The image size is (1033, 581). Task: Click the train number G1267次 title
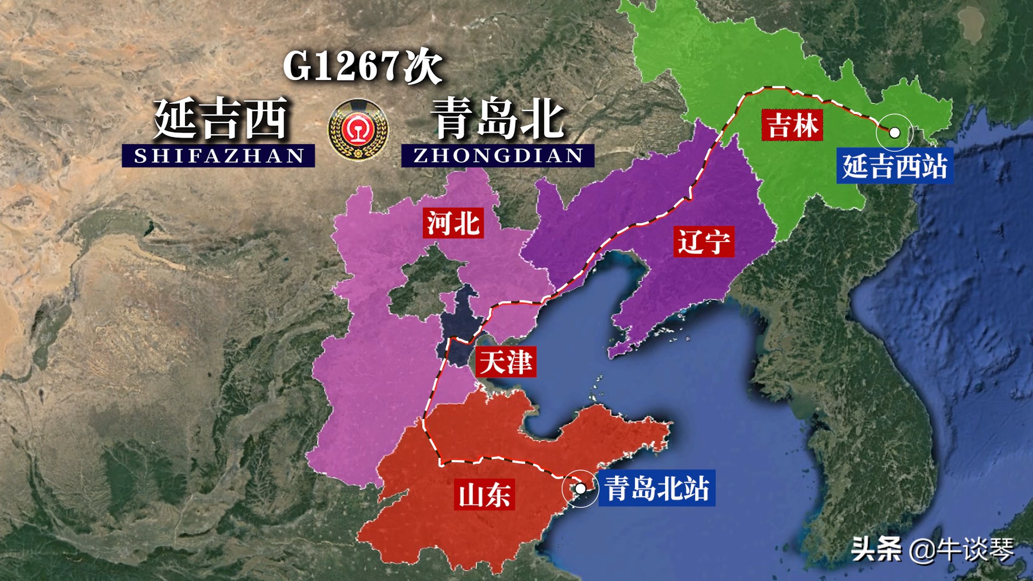[363, 66]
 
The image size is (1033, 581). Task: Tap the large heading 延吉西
[221, 119]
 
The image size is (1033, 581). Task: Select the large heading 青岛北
[498, 119]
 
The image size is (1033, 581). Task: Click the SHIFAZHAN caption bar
[218, 156]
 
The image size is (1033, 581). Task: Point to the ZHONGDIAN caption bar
[498, 155]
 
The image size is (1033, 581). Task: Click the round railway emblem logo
[358, 129]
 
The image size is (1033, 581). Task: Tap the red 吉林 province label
[792, 125]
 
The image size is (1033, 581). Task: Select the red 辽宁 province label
[704, 242]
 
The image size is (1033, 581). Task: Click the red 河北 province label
[453, 223]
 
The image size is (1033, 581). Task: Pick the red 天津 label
[505, 362]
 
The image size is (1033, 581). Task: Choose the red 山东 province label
[484, 494]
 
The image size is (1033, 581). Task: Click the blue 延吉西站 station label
[895, 166]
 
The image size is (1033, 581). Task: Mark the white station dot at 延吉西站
[895, 132]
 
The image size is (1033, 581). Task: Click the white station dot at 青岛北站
[581, 488]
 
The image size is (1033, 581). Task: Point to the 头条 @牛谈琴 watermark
[932, 549]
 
